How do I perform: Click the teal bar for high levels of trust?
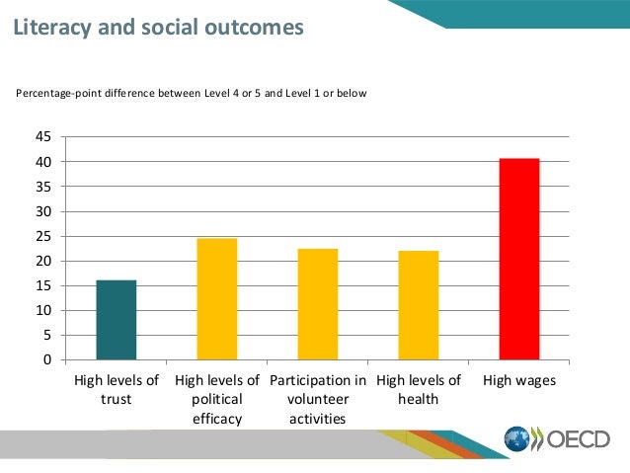pos(117,320)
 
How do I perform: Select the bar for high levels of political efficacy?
pos(217,299)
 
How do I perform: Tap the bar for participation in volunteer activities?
pos(318,304)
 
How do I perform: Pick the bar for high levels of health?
pos(419,305)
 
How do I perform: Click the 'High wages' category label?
pos(519,380)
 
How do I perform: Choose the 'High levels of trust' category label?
pos(117,389)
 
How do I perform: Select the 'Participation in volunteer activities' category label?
pos(318,399)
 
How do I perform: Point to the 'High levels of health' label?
pos(419,389)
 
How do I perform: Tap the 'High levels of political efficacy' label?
pos(217,399)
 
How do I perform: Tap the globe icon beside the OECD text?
pos(518,439)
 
